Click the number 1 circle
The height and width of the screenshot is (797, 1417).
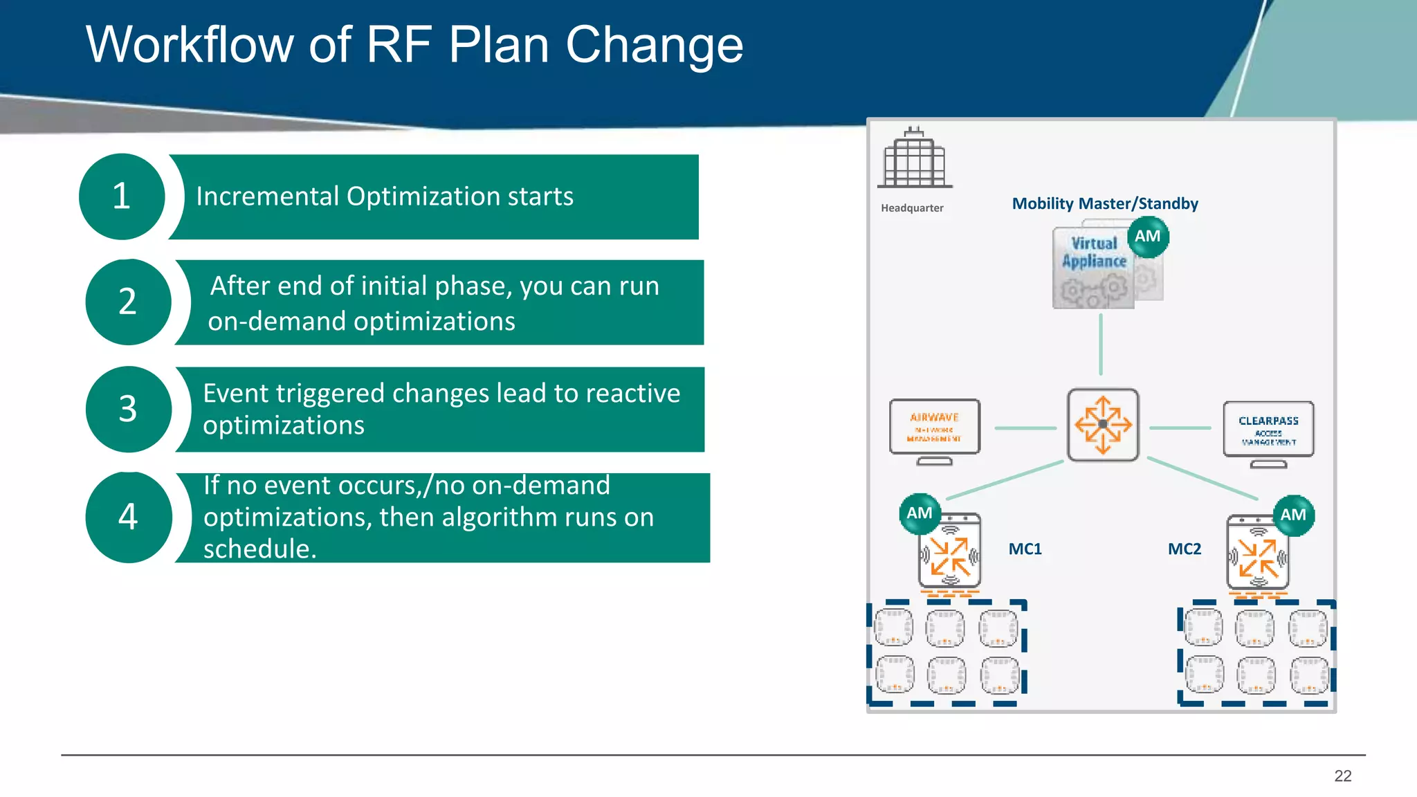pos(122,196)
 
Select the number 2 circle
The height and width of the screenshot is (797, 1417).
pos(128,302)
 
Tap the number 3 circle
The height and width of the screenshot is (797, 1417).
pos(128,409)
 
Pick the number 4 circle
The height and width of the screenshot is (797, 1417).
pos(128,517)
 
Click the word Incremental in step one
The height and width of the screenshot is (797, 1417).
pos(266,196)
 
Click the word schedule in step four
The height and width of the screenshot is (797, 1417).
pos(259,549)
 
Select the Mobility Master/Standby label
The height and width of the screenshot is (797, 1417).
pos(1104,203)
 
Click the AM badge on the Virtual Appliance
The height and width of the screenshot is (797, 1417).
pos(1148,237)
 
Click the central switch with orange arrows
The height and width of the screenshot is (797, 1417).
pos(1103,425)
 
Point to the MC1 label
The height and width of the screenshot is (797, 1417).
pos(1025,549)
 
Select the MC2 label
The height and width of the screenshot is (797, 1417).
pos(1184,549)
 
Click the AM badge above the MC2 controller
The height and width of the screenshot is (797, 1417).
pos(1293,515)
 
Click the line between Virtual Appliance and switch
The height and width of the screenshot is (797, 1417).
pos(1101,344)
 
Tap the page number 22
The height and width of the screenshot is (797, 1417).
pos(1342,776)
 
